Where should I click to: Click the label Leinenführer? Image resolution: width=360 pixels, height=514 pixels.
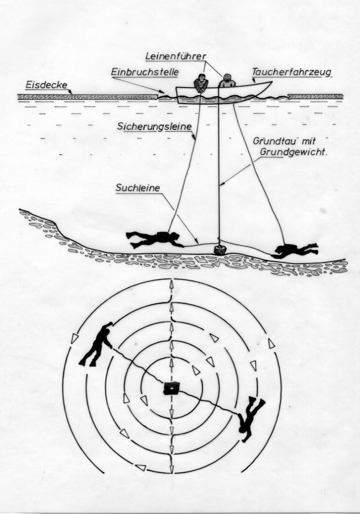(176, 56)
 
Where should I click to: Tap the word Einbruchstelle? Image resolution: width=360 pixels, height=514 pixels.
(145, 72)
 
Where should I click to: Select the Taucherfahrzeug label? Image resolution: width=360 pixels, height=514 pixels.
(292, 72)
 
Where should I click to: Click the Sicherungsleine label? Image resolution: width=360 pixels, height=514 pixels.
(154, 126)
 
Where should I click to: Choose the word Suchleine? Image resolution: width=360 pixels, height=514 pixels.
(137, 188)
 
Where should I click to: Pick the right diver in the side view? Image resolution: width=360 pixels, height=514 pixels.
(295, 250)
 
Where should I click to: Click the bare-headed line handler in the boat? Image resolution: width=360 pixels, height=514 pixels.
(200, 83)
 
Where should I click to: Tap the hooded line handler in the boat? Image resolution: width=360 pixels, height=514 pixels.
(226, 81)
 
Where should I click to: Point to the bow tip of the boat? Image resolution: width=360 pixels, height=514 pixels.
(271, 82)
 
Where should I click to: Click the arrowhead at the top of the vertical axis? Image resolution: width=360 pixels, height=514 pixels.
(171, 284)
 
